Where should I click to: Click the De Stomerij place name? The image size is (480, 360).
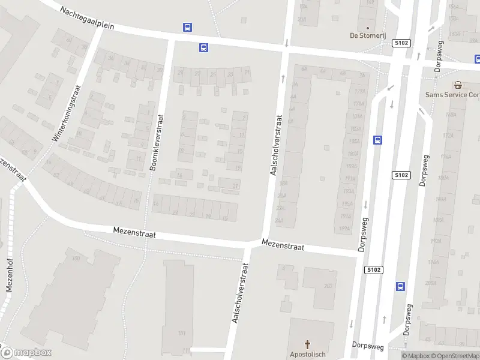367,35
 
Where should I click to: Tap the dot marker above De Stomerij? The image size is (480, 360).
367,27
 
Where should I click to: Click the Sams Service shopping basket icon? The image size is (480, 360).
458,85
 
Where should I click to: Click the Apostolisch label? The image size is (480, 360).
308,355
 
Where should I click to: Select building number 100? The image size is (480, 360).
76,259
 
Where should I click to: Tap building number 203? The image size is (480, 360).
328,286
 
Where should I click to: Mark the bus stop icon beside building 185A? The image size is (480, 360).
378,140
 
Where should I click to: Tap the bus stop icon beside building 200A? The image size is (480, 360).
400,286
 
